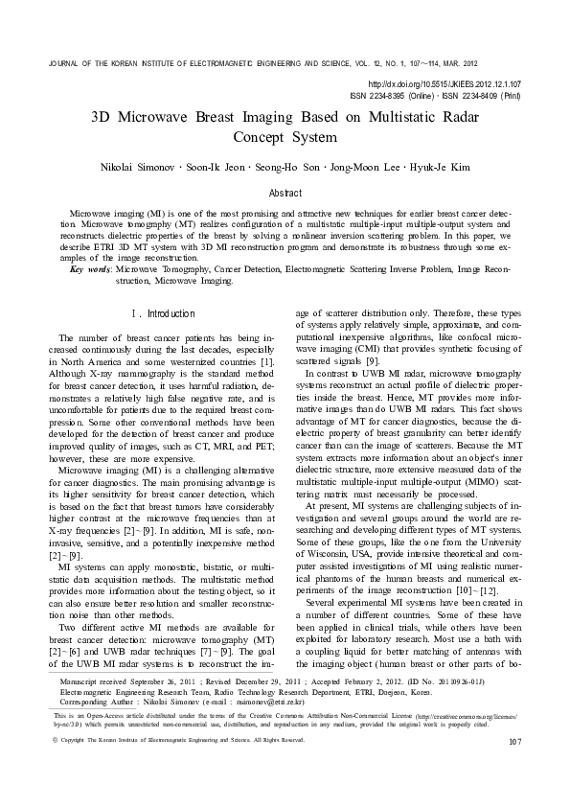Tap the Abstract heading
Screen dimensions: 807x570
[x=285, y=193]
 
